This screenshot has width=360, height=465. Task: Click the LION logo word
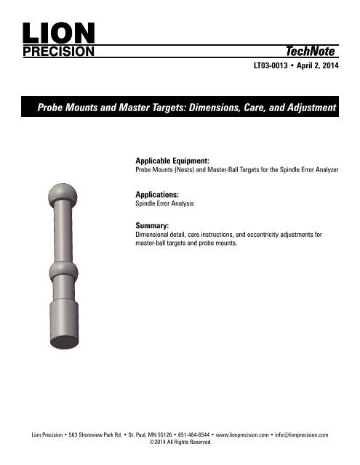(x=58, y=33)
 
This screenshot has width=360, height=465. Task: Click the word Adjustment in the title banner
(x=305, y=108)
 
